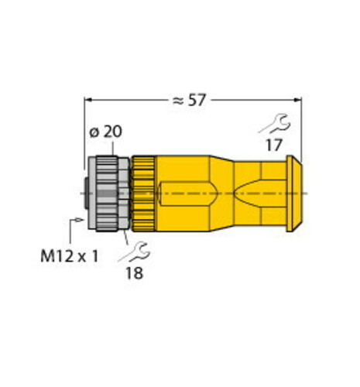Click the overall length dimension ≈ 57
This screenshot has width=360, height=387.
click(x=191, y=100)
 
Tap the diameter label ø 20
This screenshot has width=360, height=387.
click(x=105, y=132)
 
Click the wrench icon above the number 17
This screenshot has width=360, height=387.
click(x=275, y=122)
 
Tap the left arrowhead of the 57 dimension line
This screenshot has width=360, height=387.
click(x=87, y=100)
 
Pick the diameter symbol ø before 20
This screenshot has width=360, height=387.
click(x=94, y=132)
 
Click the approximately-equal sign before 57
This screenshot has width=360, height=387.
click(x=177, y=100)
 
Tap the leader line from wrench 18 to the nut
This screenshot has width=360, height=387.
click(x=125, y=235)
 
